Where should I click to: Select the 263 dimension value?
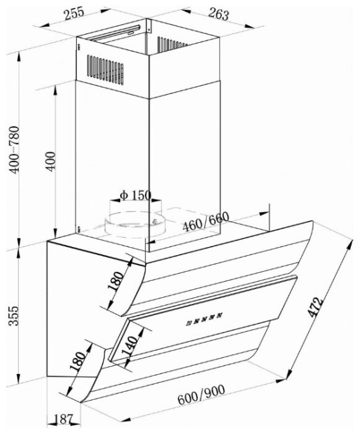(219, 14)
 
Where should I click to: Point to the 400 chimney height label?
(51, 161)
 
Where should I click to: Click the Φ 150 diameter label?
(136, 196)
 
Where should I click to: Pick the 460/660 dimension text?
(206, 222)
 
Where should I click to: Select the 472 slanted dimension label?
(315, 307)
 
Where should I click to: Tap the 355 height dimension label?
(13, 316)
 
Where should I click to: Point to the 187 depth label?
(63, 419)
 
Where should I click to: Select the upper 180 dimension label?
(116, 281)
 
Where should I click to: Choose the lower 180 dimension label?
(77, 361)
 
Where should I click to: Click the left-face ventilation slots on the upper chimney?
(106, 69)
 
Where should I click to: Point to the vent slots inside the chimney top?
(172, 44)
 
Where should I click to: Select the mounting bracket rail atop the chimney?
(116, 33)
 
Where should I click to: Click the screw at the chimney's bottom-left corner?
(79, 229)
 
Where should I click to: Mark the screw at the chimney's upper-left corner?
(79, 47)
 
